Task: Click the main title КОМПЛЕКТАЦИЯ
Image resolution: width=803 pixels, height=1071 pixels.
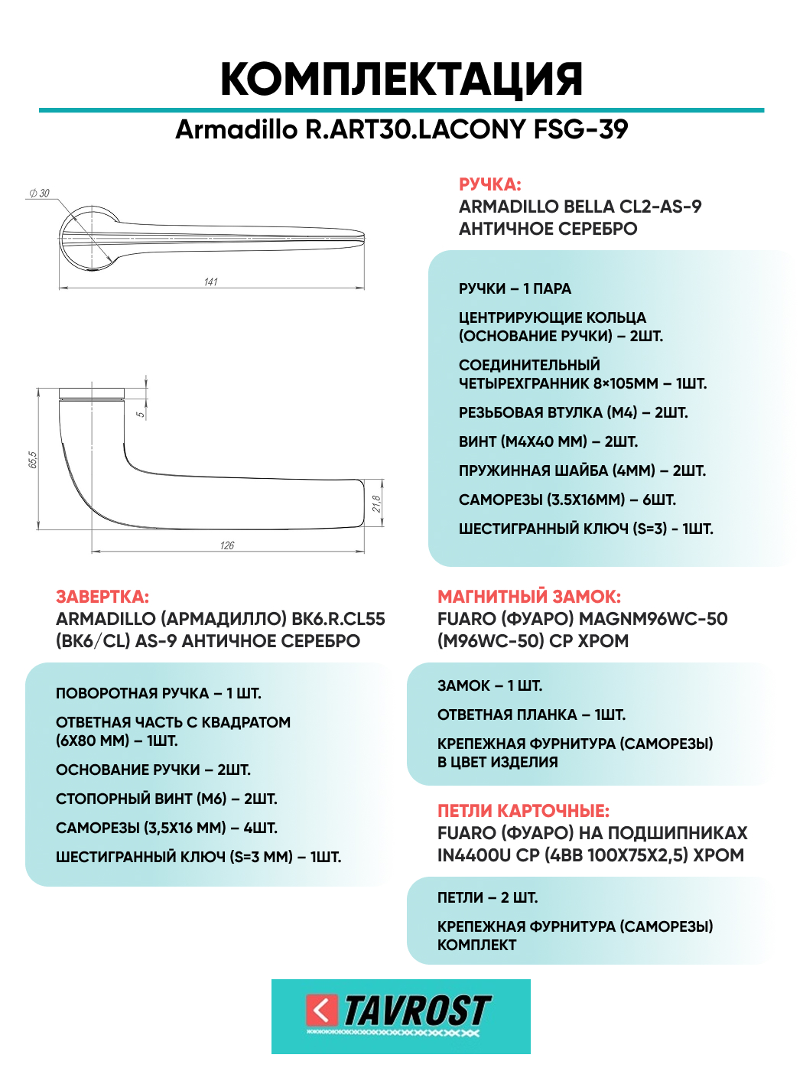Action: point(401,79)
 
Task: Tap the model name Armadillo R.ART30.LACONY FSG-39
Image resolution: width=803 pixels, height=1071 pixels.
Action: point(401,129)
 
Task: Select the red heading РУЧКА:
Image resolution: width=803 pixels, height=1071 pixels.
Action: point(489,184)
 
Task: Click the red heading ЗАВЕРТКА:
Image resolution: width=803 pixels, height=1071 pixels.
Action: point(102,597)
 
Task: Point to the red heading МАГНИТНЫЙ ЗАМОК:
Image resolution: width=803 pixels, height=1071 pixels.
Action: point(529,597)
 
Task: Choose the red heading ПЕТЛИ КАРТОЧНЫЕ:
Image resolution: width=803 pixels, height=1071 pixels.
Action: point(523,811)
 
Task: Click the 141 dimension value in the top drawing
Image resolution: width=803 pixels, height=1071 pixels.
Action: point(211,282)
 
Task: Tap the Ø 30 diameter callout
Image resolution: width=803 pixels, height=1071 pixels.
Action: point(39,194)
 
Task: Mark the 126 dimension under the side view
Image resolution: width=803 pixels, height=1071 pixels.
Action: point(227,545)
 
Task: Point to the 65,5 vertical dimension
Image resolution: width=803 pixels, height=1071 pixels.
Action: point(33,460)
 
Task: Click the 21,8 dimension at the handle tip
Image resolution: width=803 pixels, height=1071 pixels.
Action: point(376,504)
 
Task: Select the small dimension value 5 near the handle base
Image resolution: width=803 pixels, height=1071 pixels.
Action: point(140,414)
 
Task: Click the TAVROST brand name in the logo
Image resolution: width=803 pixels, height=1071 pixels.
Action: point(417,1011)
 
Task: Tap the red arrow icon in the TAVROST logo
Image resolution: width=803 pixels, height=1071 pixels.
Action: point(322,1010)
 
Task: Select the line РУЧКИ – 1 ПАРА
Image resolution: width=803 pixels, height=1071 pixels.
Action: point(515,288)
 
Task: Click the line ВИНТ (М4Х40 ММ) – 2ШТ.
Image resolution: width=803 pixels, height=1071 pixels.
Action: point(548,441)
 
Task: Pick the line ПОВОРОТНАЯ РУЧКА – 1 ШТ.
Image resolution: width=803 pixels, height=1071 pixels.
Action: point(158,693)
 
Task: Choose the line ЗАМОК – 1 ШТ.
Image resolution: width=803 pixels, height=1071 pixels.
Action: point(489,685)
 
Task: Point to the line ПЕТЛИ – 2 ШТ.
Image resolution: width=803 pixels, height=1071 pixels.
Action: point(487,897)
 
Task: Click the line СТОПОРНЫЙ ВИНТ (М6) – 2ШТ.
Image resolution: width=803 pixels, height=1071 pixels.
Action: point(166,799)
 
